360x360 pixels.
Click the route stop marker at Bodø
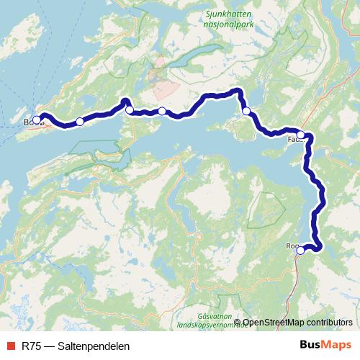point(37,120)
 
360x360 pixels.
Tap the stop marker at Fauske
point(301,135)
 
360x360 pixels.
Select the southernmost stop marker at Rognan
point(300,251)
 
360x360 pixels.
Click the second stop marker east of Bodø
point(130,110)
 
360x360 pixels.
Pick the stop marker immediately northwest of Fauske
point(246,111)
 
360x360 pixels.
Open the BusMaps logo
point(325,345)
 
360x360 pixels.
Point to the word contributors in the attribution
point(331,323)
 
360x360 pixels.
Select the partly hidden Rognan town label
point(291,246)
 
